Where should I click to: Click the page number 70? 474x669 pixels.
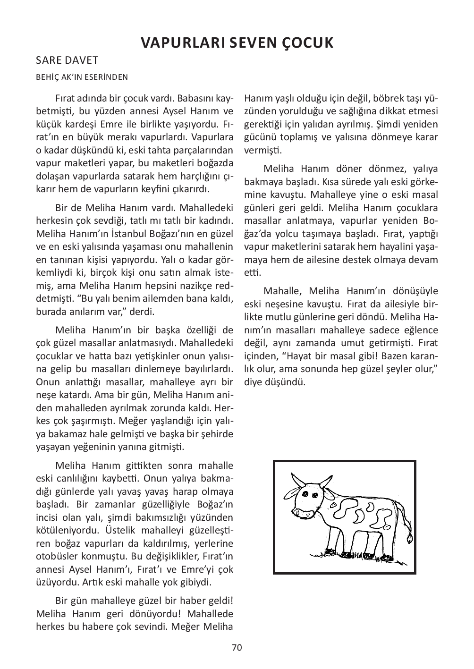click(x=237, y=647)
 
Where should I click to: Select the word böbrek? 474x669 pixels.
click(x=389, y=99)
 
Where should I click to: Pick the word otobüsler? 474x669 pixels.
click(x=55, y=556)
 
